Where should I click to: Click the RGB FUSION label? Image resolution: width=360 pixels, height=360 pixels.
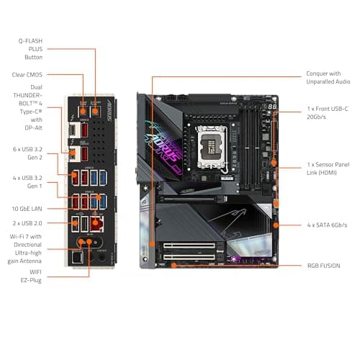[x=323, y=266]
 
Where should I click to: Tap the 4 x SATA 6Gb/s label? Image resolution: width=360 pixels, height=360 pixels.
[x=326, y=225]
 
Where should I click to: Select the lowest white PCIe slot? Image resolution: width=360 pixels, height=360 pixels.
[x=190, y=255]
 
